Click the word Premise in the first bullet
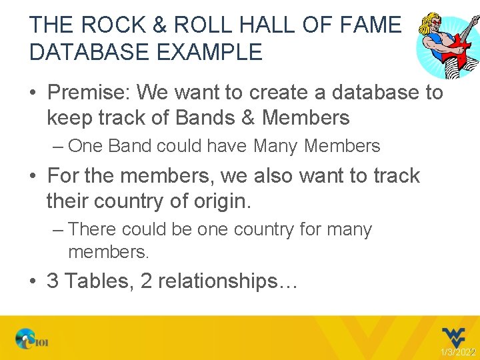[86, 92]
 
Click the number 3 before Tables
[53, 281]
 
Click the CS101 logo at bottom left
[31, 340]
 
